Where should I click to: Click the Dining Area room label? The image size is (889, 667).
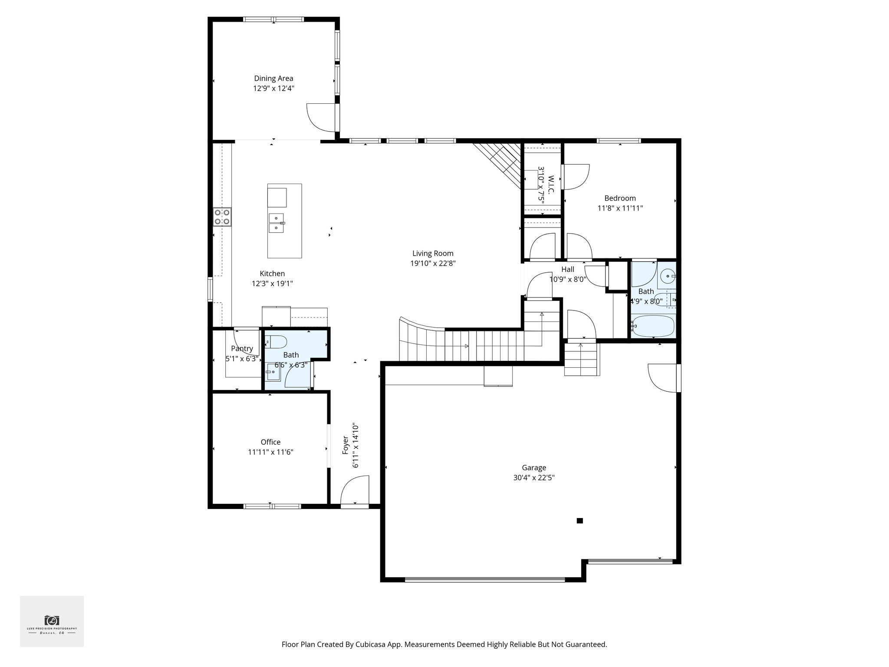pos(273,79)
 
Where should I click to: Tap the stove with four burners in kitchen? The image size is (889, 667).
pos(222,217)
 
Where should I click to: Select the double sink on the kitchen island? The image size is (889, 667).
pos(276,222)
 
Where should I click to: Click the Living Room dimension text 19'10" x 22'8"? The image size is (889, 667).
pos(433,263)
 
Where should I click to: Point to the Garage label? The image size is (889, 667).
pos(533,468)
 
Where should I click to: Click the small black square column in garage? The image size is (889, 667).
pos(579,521)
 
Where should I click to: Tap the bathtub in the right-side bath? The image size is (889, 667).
pos(653,326)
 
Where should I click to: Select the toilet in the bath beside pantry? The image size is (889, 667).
pos(275,343)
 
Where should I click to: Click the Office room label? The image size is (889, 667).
pos(270,442)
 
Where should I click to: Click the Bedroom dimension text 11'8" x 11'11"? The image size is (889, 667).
pos(620,208)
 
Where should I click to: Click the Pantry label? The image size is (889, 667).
pos(242,348)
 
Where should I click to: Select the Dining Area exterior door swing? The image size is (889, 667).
pos(321,117)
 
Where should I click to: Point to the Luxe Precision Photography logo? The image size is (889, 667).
pos(52,621)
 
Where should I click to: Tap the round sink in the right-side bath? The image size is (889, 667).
pos(667,276)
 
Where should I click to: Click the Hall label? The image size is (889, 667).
pos(567,269)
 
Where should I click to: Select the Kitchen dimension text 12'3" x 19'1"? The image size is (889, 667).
pos(272,284)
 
